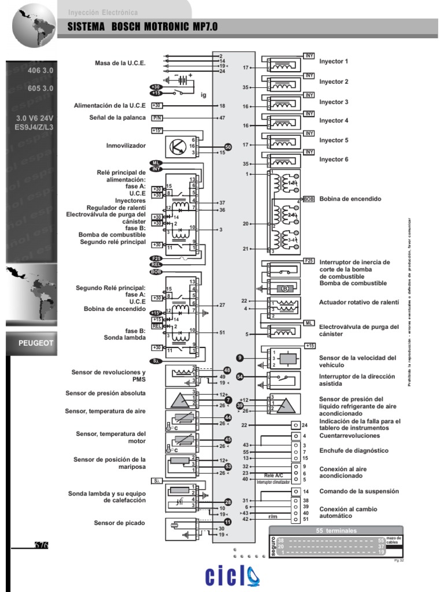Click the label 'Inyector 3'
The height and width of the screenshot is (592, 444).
pyautogui.click(x=334, y=102)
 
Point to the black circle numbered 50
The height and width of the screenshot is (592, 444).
pyautogui.click(x=228, y=147)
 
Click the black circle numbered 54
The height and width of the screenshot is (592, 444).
pyautogui.click(x=240, y=376)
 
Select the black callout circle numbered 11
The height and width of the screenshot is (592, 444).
pyautogui.click(x=228, y=521)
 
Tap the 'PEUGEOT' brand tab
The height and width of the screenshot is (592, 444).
pyautogui.click(x=36, y=343)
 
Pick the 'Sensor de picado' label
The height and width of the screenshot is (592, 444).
pyautogui.click(x=120, y=523)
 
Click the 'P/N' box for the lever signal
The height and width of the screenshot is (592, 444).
pyautogui.click(x=157, y=118)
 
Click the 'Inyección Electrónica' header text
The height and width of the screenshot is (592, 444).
pyautogui.click(x=103, y=11)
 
